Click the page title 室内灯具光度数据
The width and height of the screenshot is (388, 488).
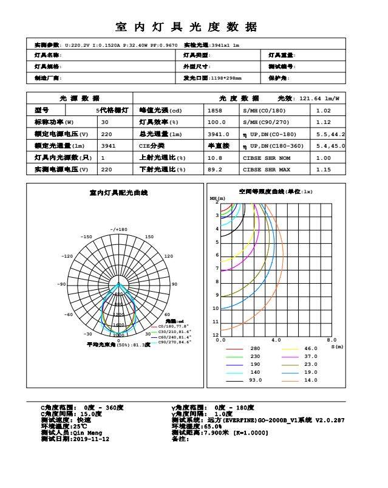(x=186, y=27)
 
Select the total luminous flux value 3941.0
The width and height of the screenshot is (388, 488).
(x=218, y=134)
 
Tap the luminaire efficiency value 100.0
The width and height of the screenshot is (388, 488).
(x=217, y=122)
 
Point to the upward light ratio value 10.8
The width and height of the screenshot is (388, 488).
(x=214, y=157)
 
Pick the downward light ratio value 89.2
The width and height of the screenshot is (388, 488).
(x=214, y=170)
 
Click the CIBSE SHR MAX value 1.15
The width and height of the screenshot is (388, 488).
(x=323, y=170)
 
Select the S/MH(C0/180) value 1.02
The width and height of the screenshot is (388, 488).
(x=323, y=111)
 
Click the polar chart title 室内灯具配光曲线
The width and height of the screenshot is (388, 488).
(x=118, y=193)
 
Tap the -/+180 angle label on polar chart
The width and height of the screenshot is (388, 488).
(x=119, y=230)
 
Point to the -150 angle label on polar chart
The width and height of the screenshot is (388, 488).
(x=86, y=237)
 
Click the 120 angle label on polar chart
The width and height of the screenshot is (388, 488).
(x=168, y=256)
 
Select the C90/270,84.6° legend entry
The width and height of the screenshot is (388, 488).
(x=174, y=342)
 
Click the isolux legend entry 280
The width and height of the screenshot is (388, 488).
(x=255, y=349)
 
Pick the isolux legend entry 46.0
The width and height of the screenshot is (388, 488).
(x=310, y=349)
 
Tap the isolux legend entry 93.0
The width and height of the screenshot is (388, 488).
(x=255, y=380)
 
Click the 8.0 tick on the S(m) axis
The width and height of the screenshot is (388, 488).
(x=332, y=340)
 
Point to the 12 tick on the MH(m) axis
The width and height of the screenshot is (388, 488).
(x=216, y=335)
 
